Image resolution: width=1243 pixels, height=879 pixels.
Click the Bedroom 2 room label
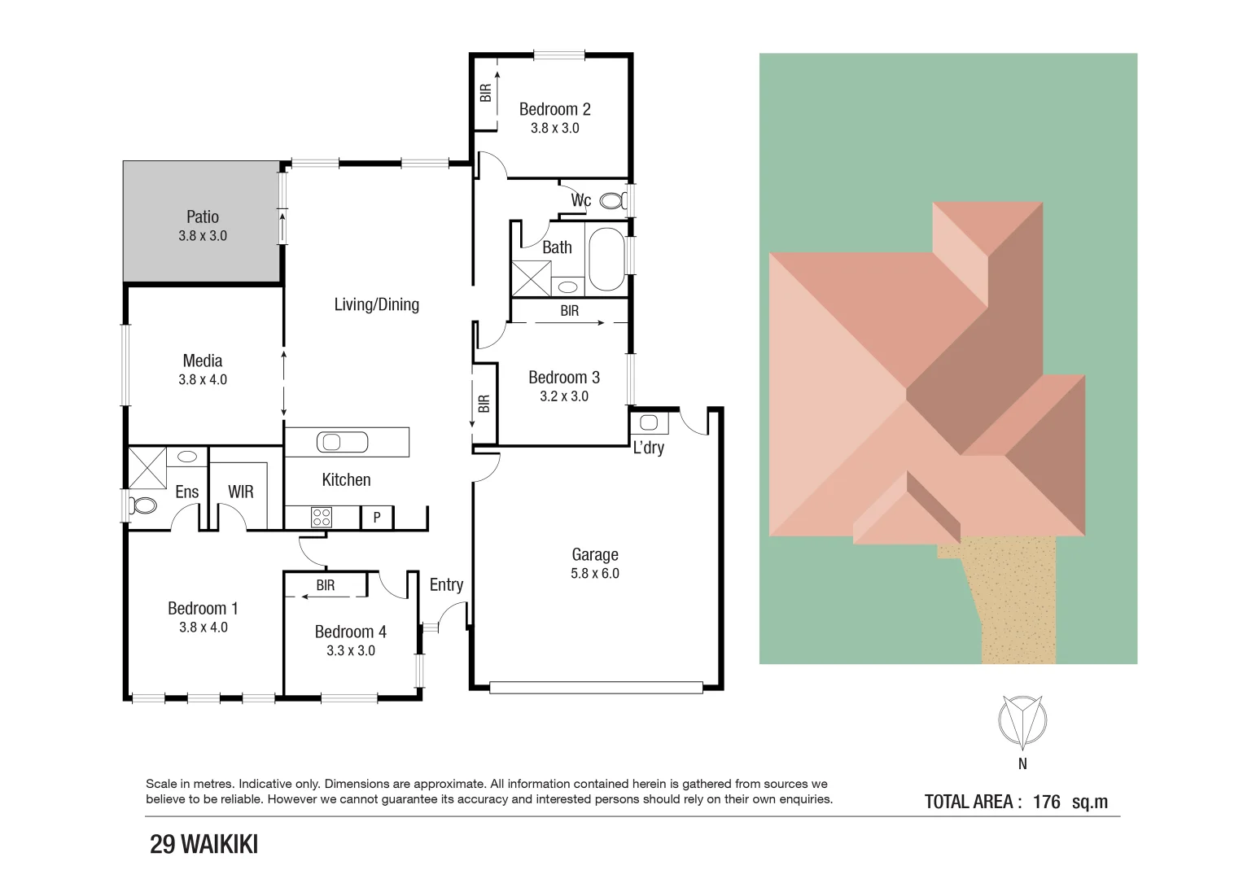pos(554,109)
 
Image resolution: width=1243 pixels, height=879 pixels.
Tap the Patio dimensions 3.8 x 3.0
pos(203,236)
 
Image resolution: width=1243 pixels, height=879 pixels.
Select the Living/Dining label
pos(376,304)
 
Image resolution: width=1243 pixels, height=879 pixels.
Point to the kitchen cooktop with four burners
pos(322,517)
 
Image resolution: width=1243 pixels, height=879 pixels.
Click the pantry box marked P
pos(377,518)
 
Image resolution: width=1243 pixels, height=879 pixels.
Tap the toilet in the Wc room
pos(611,200)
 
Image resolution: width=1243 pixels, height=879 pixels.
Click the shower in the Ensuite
pos(147,467)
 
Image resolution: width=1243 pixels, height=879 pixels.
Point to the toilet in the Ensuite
pos(143,505)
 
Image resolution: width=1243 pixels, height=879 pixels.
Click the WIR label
pos(240,492)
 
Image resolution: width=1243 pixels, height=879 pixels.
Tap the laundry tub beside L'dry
pos(649,422)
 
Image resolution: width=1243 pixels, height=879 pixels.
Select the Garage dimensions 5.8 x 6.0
pos(594,574)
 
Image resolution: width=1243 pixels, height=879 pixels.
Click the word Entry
pos(446,584)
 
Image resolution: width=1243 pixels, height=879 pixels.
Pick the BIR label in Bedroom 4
pos(326,585)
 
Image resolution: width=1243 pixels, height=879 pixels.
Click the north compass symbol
pos(1022,721)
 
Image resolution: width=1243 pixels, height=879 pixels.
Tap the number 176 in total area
pos(1046,802)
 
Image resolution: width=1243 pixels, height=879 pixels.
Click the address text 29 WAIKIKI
pos(204,845)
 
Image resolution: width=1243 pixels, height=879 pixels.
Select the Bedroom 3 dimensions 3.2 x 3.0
pos(563,396)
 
